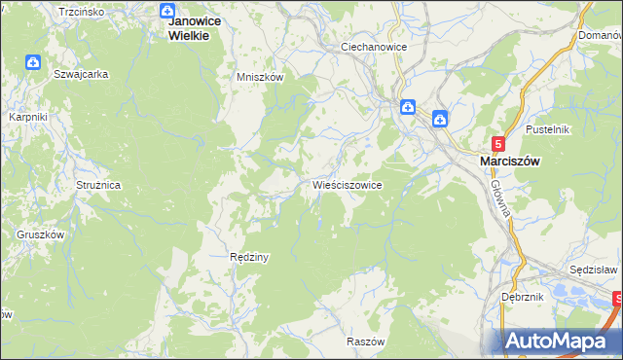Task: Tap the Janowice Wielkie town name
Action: click(x=193, y=27)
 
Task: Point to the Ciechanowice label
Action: click(x=373, y=47)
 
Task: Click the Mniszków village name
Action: click(x=260, y=77)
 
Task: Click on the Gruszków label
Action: click(x=40, y=234)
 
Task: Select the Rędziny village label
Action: click(x=248, y=257)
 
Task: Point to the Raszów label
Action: click(x=367, y=342)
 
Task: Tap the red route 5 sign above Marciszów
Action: click(x=499, y=143)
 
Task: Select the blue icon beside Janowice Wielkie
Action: click(x=166, y=11)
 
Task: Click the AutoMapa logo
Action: click(x=561, y=341)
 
